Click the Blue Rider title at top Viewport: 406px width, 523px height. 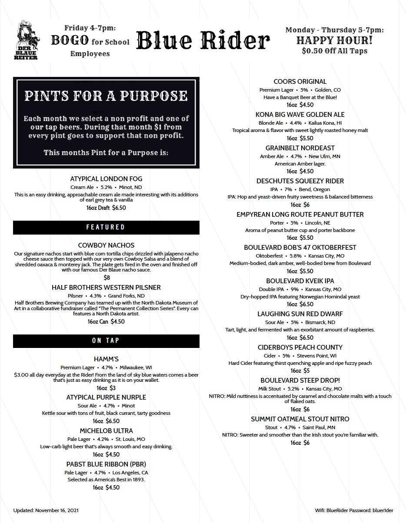(203, 41)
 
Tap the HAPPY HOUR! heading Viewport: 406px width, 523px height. (334, 40)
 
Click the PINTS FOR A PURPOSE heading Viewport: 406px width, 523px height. (106, 96)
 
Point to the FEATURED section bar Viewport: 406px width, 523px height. (106, 227)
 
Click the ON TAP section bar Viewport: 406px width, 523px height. (106, 341)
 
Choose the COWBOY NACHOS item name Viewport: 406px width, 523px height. (106, 245)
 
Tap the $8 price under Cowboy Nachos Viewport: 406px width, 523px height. (106, 278)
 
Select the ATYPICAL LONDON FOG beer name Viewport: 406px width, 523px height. (106, 179)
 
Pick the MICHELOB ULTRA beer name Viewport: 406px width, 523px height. (106, 431)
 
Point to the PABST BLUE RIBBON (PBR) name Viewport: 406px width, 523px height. (106, 464)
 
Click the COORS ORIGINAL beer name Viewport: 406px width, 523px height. (300, 82)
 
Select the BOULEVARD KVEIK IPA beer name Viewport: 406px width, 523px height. (300, 281)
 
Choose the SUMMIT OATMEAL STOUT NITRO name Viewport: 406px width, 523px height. (300, 419)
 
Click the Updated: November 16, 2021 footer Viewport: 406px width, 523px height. (46, 510)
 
